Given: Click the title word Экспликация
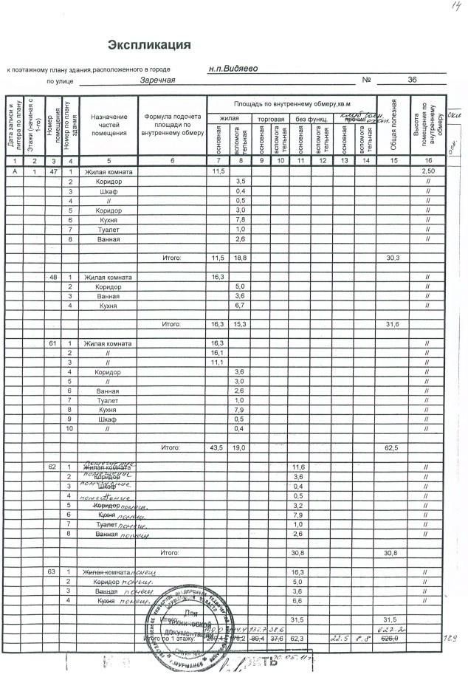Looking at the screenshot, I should pyautogui.click(x=149, y=46).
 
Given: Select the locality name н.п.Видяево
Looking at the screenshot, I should pyautogui.click(x=234, y=67).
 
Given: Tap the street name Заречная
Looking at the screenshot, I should pyautogui.click(x=157, y=79).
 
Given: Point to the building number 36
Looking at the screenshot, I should pyautogui.click(x=413, y=80).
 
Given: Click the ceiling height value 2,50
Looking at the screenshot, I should pyautogui.click(x=426, y=171).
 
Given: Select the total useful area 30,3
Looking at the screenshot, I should pyautogui.click(x=393, y=258).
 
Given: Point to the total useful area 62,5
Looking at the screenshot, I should pyautogui.click(x=393, y=448).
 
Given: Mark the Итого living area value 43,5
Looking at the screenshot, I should pyautogui.click(x=217, y=448).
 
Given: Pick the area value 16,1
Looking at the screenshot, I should pyautogui.click(x=217, y=353).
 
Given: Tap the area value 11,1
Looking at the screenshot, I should pyautogui.click(x=217, y=362).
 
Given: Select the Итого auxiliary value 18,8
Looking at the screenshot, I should pyautogui.click(x=240, y=258).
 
